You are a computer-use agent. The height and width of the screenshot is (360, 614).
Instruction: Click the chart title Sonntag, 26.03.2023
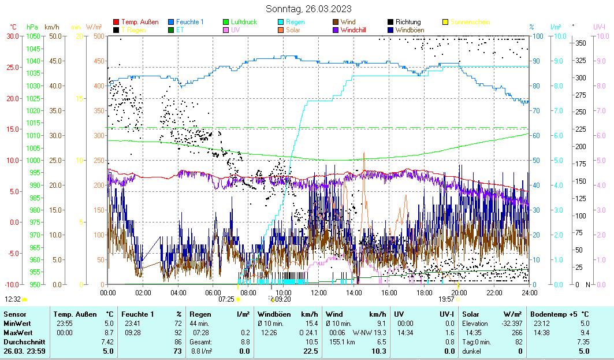pyautogui.click(x=308, y=9)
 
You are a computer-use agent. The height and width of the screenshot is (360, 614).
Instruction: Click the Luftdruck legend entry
pyautogui.click(x=244, y=22)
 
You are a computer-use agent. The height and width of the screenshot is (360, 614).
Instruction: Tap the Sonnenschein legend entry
pyautogui.click(x=470, y=22)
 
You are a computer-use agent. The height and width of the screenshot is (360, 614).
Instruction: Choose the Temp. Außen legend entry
pyautogui.click(x=139, y=22)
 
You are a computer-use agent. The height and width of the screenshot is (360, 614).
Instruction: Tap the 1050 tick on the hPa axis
pyautogui.click(x=32, y=36)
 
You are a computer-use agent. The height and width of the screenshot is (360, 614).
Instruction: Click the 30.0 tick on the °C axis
pyautogui.click(x=13, y=36)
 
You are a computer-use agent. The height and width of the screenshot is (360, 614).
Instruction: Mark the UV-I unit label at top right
pyautogui.click(x=599, y=27)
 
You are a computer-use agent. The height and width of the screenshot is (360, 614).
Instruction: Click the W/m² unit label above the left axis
pyautogui.click(x=94, y=27)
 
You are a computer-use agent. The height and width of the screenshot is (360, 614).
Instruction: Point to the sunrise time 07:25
pyautogui.click(x=226, y=299)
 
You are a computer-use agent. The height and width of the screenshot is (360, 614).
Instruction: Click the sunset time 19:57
pyautogui.click(x=446, y=299)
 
